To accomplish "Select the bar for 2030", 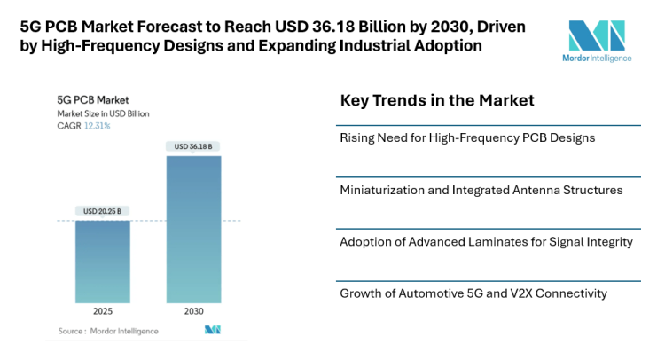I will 194,230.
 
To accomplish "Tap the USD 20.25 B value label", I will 102,211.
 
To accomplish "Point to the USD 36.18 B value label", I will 193,146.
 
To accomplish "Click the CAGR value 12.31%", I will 98,126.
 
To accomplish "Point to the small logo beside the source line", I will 212,330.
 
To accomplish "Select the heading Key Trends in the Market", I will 437,100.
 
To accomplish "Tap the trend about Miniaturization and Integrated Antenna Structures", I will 481,189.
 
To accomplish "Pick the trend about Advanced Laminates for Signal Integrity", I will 488,241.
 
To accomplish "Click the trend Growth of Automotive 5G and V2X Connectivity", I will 473,293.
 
